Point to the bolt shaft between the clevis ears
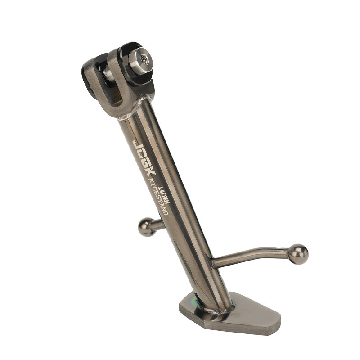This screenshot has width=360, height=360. (x=108, y=74)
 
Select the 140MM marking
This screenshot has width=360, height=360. (x=164, y=193)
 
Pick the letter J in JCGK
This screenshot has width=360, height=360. (x=137, y=144)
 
